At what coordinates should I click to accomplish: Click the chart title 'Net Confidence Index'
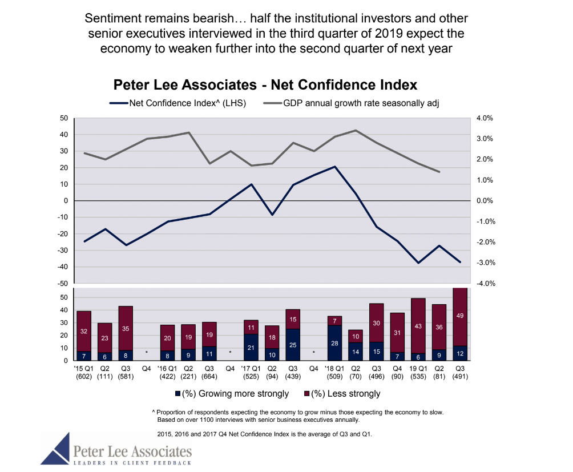coord(265,85)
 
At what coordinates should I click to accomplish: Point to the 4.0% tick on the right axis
coord(484,118)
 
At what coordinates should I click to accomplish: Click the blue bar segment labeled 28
coord(334,343)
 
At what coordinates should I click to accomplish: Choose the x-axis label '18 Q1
coord(334,369)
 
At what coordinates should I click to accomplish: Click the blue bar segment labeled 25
coord(293,345)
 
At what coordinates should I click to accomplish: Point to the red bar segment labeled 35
coord(126,328)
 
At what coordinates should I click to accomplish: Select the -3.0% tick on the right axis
coord(484,263)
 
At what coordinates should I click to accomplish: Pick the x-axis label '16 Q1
coord(167,369)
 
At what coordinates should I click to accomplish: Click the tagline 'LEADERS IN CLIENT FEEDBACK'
coord(132,462)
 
